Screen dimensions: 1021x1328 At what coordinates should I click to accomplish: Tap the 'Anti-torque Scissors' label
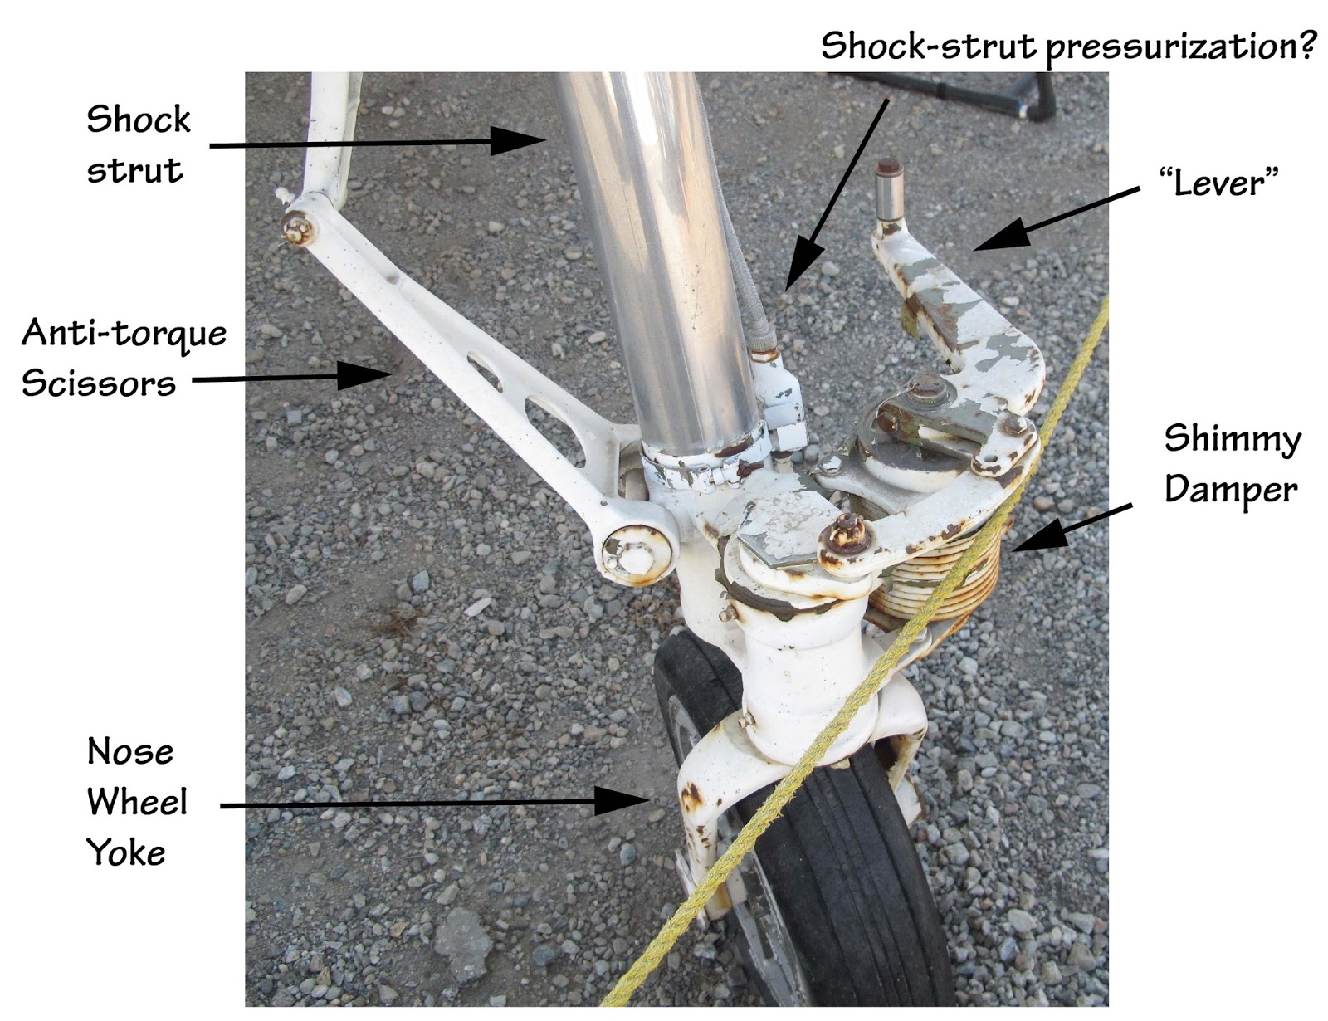tap(124, 358)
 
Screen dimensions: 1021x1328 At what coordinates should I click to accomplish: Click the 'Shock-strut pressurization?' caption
tap(1067, 46)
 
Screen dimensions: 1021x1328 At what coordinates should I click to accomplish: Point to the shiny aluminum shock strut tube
tap(656, 249)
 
